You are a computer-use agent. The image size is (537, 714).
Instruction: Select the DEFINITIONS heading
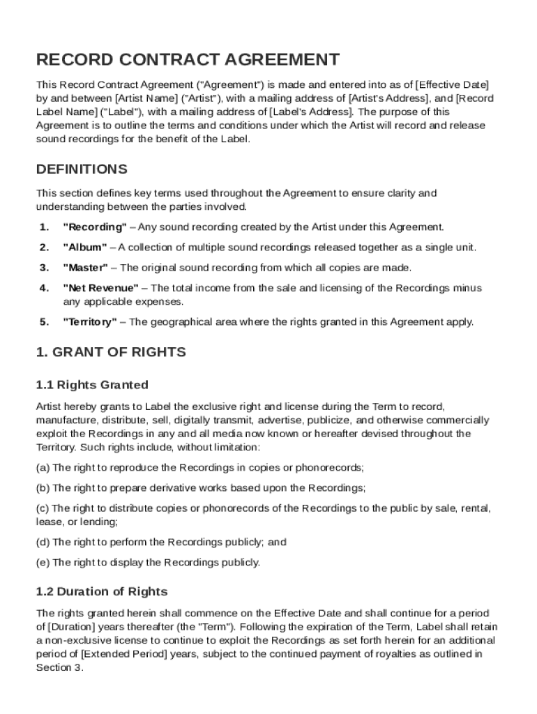82,169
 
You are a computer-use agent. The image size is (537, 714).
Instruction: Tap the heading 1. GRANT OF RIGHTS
111,352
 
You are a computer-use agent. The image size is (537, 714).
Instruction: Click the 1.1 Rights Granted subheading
92,384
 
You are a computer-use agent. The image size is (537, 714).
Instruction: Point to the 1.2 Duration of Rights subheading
102,591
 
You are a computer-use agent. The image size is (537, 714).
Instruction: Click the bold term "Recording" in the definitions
95,227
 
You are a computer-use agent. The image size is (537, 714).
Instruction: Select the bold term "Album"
85,247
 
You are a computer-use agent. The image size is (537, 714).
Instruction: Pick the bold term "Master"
86,267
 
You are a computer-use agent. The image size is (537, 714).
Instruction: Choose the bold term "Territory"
91,321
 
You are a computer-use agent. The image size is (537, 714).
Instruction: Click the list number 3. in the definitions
44,267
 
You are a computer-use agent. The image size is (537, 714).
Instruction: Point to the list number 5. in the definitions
44,321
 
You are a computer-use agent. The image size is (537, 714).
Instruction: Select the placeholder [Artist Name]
146,98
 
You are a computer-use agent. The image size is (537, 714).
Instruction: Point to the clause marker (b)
43,487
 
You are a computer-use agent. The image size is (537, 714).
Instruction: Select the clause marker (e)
43,562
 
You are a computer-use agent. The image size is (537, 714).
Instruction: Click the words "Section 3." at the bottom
59,667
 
